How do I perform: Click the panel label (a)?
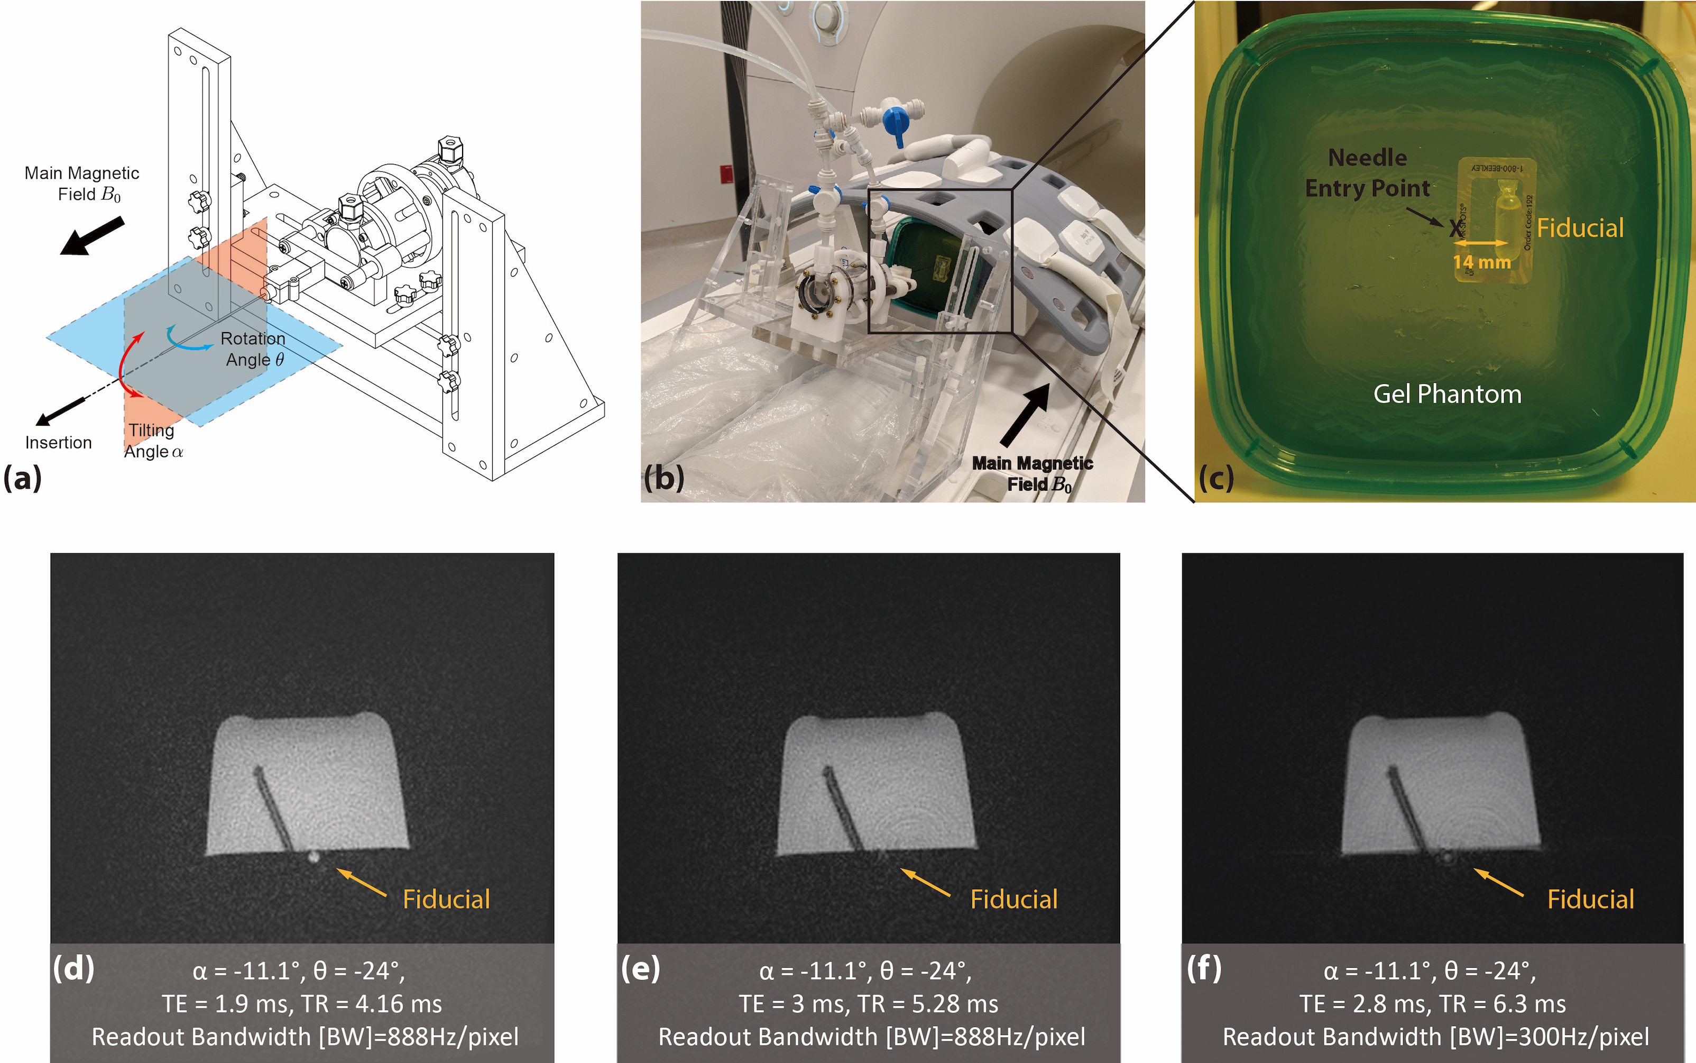pos(23,479)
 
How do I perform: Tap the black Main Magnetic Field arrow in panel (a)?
pos(92,235)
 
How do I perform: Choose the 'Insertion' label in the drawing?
pos(58,442)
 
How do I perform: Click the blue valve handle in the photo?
pos(896,122)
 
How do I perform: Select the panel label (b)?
pos(663,479)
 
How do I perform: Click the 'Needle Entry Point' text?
pos(1367,173)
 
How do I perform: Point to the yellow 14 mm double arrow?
pos(1480,243)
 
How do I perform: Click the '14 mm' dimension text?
pos(1482,262)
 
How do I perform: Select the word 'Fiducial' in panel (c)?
pos(1580,228)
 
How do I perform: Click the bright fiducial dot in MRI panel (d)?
pos(314,856)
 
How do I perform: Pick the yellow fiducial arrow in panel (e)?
pos(925,882)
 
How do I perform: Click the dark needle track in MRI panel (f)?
pos(1410,809)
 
